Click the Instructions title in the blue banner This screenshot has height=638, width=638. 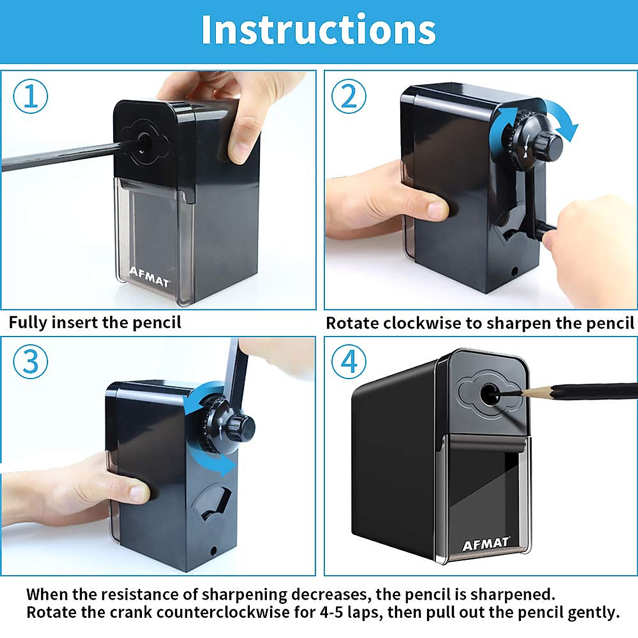[x=318, y=30]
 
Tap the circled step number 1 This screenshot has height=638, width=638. [x=30, y=96]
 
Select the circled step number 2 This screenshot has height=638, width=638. [x=348, y=96]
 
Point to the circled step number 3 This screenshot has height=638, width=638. [x=30, y=362]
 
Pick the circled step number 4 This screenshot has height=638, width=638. [x=348, y=362]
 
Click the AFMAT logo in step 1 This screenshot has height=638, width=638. [x=149, y=277]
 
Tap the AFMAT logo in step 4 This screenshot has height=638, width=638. [x=486, y=543]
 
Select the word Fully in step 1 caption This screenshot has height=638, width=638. [x=28, y=323]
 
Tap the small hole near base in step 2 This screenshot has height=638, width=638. [x=514, y=271]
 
